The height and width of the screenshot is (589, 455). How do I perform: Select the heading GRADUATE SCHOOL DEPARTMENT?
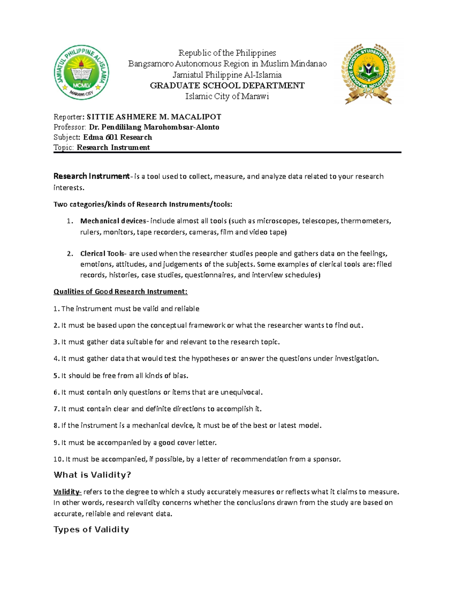(227, 86)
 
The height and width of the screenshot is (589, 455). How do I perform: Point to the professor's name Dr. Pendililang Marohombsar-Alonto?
(154, 127)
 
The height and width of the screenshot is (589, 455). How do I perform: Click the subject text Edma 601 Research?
(118, 137)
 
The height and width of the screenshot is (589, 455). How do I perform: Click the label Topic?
(64, 148)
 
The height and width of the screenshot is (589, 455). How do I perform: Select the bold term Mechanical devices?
(113, 221)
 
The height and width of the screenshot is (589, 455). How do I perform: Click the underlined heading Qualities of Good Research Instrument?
(121, 292)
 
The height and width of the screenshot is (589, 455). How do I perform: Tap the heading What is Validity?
(92, 475)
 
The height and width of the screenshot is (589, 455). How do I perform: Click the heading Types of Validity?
(91, 529)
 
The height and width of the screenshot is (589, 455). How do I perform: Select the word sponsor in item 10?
(326, 459)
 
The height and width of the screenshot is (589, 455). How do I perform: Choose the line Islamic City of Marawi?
(227, 96)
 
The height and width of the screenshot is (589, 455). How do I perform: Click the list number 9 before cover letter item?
(56, 443)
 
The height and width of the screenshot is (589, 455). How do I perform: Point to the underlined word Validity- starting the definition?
(67, 492)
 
